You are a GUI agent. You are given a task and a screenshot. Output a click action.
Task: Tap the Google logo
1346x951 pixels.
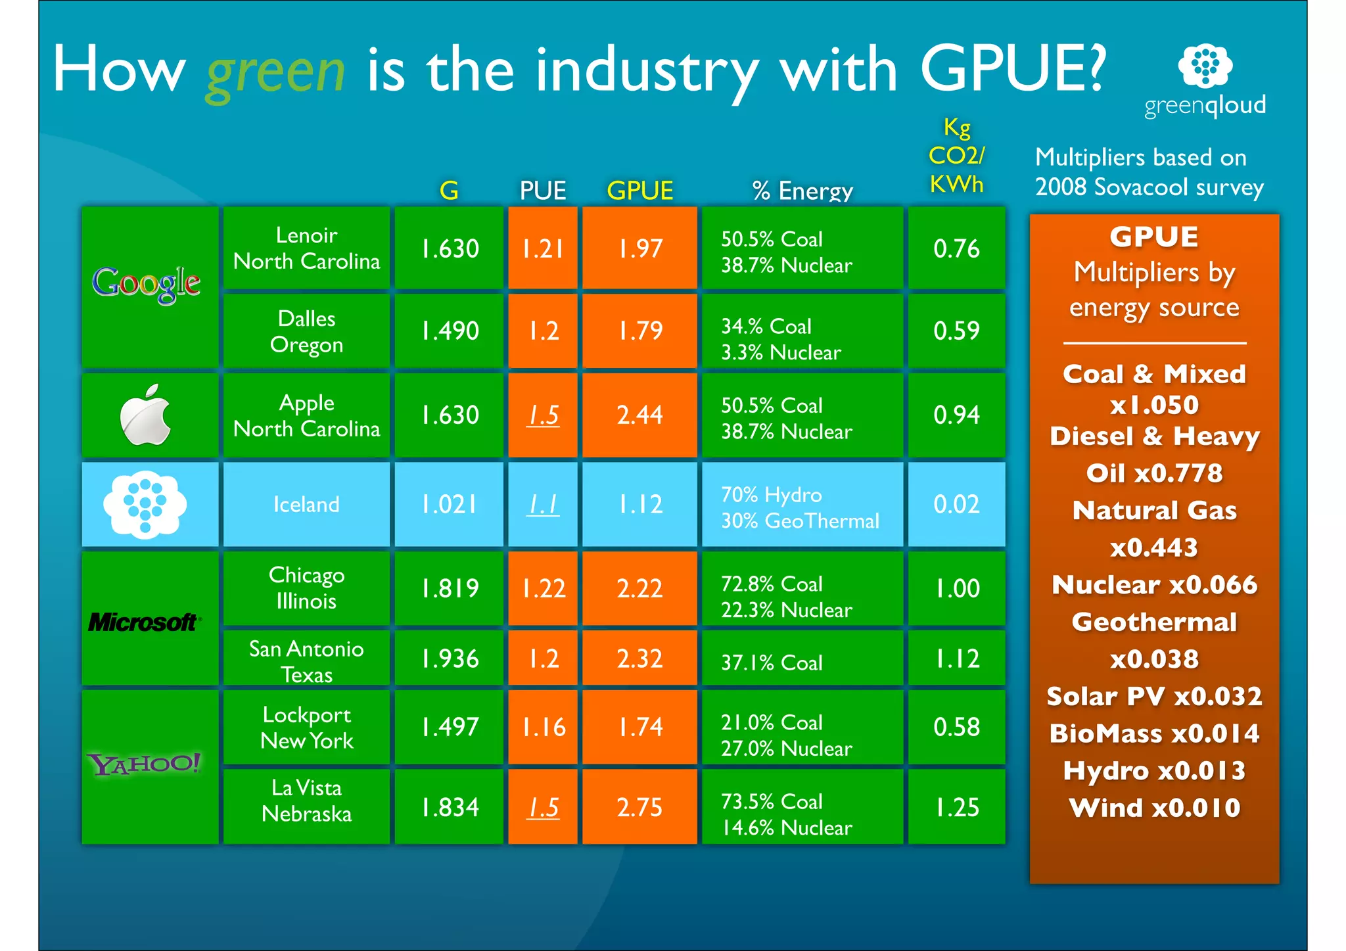[147, 284]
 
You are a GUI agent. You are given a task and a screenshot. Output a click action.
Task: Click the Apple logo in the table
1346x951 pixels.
[146, 415]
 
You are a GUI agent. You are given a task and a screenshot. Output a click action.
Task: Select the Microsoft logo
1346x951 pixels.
[144, 622]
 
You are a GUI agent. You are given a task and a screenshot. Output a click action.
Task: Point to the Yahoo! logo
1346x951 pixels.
[144, 764]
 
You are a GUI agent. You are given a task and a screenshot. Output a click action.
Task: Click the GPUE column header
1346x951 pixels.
[639, 191]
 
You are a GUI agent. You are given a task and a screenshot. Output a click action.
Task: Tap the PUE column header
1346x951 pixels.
[542, 191]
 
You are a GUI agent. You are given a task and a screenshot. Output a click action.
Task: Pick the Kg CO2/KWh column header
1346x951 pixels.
[956, 156]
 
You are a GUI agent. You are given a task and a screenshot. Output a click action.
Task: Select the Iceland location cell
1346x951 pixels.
[306, 504]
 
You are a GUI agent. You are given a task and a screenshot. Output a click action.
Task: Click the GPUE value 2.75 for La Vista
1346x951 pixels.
[639, 807]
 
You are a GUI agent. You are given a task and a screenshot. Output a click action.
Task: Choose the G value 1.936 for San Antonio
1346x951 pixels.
[450, 659]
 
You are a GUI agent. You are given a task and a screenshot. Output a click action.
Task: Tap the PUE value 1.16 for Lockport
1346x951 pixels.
[543, 727]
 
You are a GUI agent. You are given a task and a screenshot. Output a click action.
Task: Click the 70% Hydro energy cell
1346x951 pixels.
[801, 505]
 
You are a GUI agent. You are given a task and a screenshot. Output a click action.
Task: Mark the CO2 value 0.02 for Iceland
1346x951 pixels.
[956, 504]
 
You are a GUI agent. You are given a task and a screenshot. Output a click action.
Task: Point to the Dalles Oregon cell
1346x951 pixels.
[306, 331]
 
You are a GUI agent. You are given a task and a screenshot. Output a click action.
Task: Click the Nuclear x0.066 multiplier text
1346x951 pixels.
[1154, 585]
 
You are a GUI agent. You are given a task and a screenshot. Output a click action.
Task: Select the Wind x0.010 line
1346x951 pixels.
[1154, 808]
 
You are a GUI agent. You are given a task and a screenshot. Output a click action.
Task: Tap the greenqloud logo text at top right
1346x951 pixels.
[1205, 105]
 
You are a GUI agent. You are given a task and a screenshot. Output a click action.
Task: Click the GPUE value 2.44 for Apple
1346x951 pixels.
[639, 415]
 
